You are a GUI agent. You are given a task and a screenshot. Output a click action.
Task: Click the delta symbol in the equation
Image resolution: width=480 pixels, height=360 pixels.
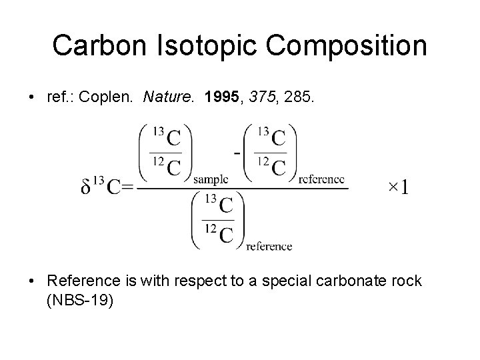[x=86, y=188]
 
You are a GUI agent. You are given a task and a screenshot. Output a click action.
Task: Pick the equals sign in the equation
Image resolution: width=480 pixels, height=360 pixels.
[x=129, y=188]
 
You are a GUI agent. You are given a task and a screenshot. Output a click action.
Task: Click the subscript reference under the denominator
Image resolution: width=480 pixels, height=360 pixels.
[x=269, y=246]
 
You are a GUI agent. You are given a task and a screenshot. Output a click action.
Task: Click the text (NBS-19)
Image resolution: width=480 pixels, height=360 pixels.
[x=81, y=300]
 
